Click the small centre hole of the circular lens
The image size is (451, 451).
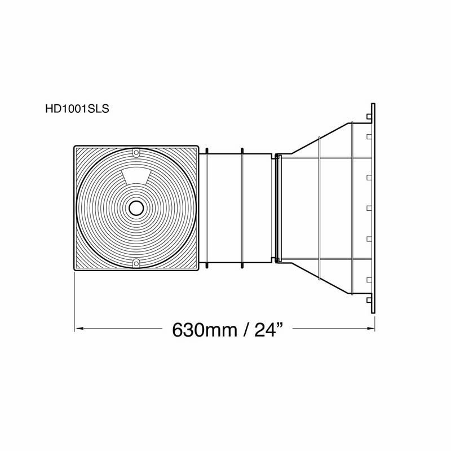click(135, 208)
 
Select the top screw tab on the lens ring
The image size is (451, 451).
click(135, 153)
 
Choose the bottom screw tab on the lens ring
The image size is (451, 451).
click(135, 263)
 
